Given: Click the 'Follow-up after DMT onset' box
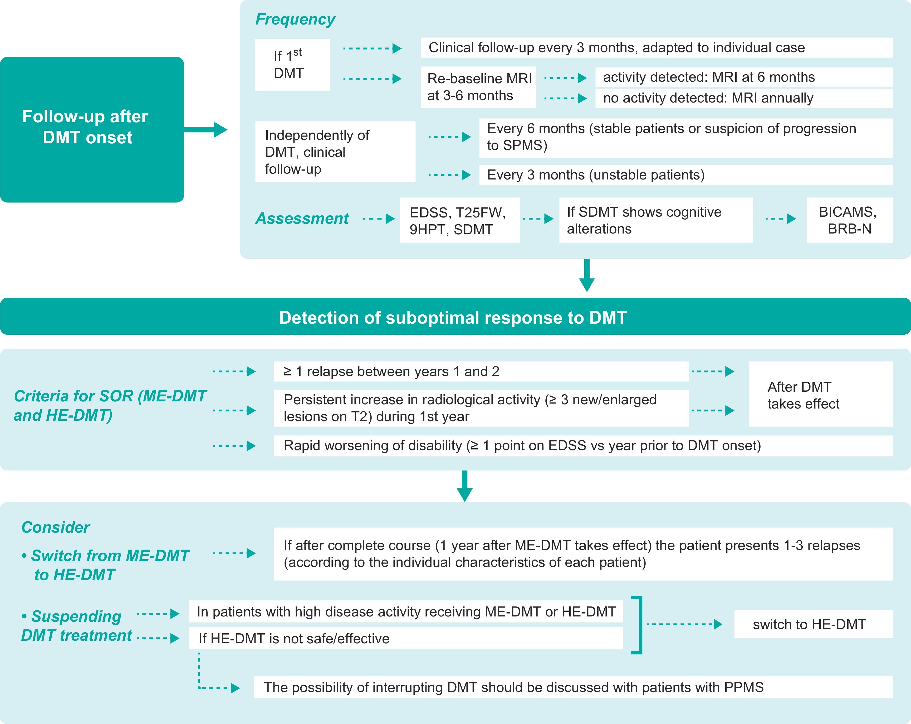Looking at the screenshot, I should pos(92,129).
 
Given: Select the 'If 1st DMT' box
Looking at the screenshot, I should pos(292,65).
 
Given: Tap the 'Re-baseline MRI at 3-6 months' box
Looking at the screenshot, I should pos(478,87).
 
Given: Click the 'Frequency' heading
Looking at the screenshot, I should pos(295,20).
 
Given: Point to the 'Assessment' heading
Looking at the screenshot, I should pos(302,218).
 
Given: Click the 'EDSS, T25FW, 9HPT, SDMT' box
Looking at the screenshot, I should pos(459,220).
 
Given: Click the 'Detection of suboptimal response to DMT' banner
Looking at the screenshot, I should pos(455,317).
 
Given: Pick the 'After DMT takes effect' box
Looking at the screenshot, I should pos(820,394).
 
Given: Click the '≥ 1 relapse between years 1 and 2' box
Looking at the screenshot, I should pos(481,372).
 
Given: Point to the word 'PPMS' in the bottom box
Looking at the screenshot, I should pos(744,687).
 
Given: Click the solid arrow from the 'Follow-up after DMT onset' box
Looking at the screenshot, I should pos(206,129).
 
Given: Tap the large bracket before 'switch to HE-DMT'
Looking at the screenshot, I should pos(638,625).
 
